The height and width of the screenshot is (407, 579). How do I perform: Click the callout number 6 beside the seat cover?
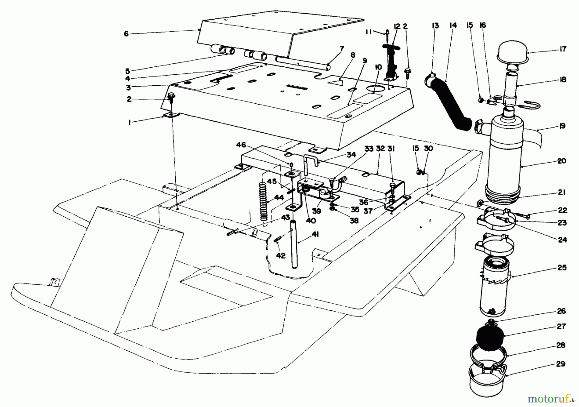coord(126,33)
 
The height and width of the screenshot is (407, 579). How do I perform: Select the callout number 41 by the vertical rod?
coord(315,235)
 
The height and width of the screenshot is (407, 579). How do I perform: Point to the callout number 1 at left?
coord(129,123)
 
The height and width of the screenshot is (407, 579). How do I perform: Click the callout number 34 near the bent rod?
coord(351,155)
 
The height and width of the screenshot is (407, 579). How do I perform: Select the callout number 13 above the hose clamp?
coord(435,25)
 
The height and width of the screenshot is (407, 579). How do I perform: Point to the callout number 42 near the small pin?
coord(281,255)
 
